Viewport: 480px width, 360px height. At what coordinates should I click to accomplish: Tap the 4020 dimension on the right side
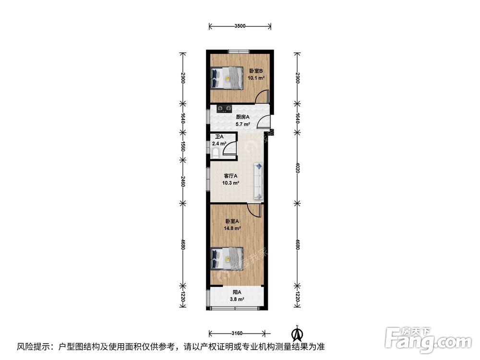click(x=298, y=168)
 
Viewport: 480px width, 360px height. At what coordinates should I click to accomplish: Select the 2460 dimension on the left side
click(x=182, y=182)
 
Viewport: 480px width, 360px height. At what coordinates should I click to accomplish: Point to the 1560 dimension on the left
click(x=182, y=145)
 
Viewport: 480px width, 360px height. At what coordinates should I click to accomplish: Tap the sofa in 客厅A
click(x=258, y=180)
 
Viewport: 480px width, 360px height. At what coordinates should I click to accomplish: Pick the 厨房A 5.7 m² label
click(x=242, y=120)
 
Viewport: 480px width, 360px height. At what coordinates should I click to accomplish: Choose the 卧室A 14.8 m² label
click(x=233, y=225)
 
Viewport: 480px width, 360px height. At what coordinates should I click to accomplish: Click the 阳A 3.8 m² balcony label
click(x=237, y=295)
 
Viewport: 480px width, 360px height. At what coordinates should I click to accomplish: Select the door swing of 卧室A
click(x=253, y=210)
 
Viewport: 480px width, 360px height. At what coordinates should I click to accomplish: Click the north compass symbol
click(x=298, y=332)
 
